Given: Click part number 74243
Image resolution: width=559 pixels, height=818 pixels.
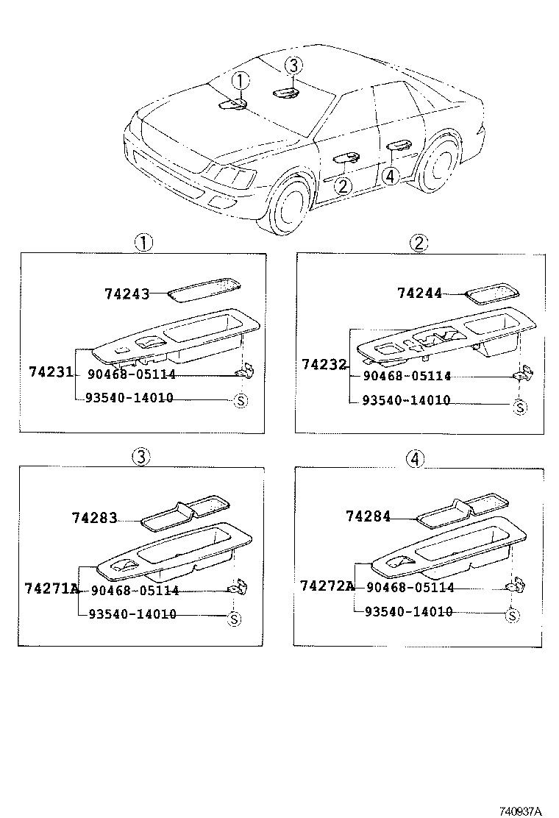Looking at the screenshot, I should pos(126,294).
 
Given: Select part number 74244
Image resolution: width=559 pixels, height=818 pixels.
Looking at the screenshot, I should pos(419,293).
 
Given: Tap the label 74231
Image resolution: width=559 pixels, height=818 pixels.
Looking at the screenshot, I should pos(51,372).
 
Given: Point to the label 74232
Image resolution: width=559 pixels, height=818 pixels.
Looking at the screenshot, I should pos(323,363).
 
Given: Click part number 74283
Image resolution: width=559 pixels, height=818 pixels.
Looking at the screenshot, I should pos(94,518).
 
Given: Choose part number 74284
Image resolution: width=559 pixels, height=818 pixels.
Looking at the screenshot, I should pos(368,516).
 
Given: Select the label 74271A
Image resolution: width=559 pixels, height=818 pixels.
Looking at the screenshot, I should pos(51,588).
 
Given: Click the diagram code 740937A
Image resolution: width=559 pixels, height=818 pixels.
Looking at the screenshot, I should pos(519,811).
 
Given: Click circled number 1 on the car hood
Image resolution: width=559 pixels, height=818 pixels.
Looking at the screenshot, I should pos(241,81).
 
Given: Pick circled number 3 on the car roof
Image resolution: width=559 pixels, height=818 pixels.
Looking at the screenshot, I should pos(292,66).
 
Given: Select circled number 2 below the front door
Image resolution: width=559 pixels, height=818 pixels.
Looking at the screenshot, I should pos(343,185).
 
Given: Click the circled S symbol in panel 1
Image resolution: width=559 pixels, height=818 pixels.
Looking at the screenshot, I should pos(239,401).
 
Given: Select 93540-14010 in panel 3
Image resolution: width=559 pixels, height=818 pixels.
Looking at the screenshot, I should pos(132,614).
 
